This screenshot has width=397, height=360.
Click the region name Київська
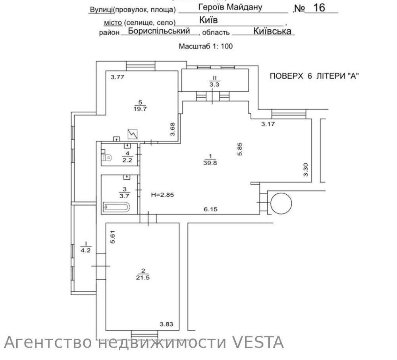tap(272, 31)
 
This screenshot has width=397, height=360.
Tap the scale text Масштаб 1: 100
tap(206, 46)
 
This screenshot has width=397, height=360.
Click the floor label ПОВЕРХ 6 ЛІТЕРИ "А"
tap(314, 77)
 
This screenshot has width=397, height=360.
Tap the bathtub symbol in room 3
tap(116, 207)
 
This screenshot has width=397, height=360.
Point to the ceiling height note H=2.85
tap(163, 195)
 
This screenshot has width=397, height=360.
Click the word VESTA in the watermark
tap(258, 342)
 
